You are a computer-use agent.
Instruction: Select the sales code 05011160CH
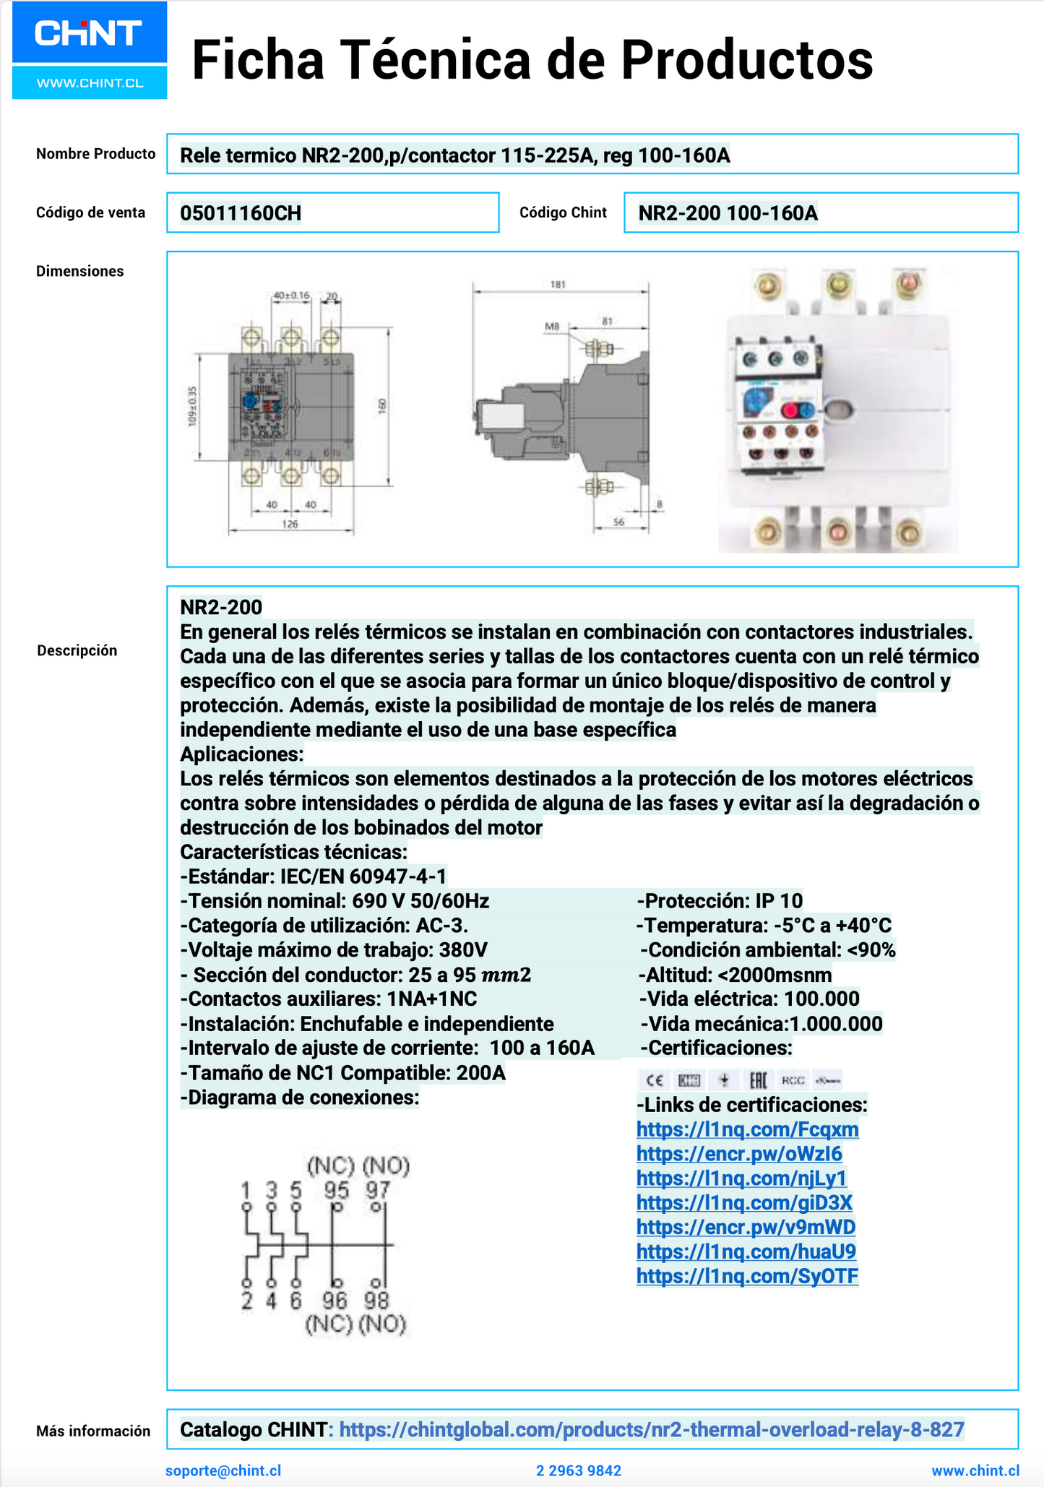pos(241,213)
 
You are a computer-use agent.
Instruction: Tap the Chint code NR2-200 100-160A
pos(728,213)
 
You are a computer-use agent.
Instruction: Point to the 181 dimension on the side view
pos(557,285)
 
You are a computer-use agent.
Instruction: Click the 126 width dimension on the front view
pos(290,524)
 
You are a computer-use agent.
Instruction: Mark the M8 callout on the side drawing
pos(552,327)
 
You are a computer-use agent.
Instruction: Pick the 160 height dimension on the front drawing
pos(382,406)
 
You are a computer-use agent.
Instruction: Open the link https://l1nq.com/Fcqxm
pos(747,1129)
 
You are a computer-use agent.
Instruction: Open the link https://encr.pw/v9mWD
pos(746,1227)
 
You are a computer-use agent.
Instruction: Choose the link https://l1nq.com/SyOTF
pos(747,1276)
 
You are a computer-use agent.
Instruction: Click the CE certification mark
pos(655,1080)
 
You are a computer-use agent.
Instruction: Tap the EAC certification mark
pos(757,1080)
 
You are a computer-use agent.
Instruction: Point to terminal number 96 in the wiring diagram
pos(335,1301)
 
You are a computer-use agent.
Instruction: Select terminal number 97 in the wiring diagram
pos(377,1189)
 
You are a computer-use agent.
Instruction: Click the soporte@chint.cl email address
pos(223,1470)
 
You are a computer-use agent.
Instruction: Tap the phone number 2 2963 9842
pos(579,1470)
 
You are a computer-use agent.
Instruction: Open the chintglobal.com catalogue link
pos(651,1429)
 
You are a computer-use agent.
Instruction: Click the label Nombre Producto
pos(95,154)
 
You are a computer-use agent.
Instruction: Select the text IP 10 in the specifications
pos(779,901)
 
